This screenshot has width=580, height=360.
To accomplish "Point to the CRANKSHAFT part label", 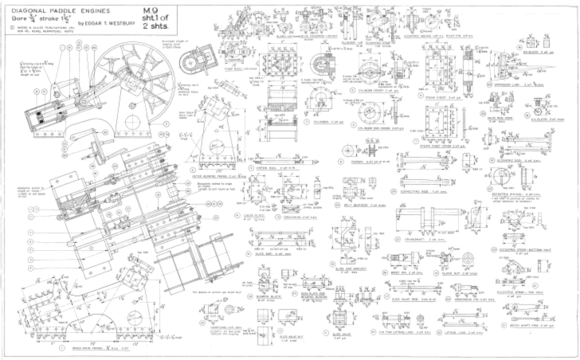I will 429,237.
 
